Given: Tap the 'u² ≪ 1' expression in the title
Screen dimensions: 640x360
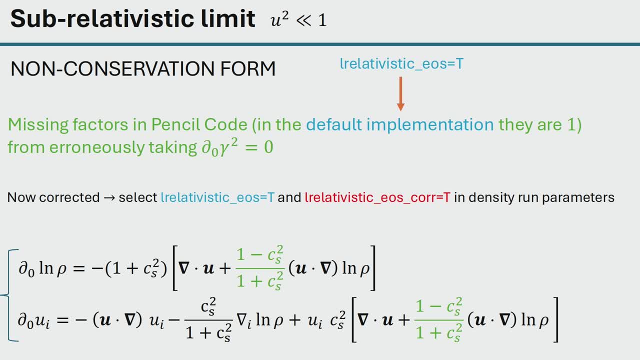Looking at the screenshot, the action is point(298,19).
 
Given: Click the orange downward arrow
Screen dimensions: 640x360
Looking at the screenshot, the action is point(400,93).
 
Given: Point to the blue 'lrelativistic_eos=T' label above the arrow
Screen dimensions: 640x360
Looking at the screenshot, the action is point(401,63).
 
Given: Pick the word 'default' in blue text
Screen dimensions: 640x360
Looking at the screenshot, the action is point(334,124).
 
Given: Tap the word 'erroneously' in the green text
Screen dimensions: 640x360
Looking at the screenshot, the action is point(97,147).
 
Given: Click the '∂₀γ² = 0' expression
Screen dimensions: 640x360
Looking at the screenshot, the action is point(237,147).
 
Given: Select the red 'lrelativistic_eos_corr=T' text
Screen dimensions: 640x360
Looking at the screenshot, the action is point(377,197).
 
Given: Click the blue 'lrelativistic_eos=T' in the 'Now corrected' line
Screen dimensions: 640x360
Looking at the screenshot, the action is point(217,197).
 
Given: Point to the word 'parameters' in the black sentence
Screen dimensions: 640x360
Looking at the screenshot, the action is point(578,197).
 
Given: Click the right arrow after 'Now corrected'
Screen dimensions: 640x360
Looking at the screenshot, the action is point(109,197).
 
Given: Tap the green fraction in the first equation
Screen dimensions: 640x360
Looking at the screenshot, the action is point(259,268).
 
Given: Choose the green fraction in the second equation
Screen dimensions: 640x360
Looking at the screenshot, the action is point(439,319).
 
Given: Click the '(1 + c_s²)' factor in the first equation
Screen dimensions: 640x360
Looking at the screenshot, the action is point(136,268).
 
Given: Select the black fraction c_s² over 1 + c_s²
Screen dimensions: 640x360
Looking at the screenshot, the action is point(208,319).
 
